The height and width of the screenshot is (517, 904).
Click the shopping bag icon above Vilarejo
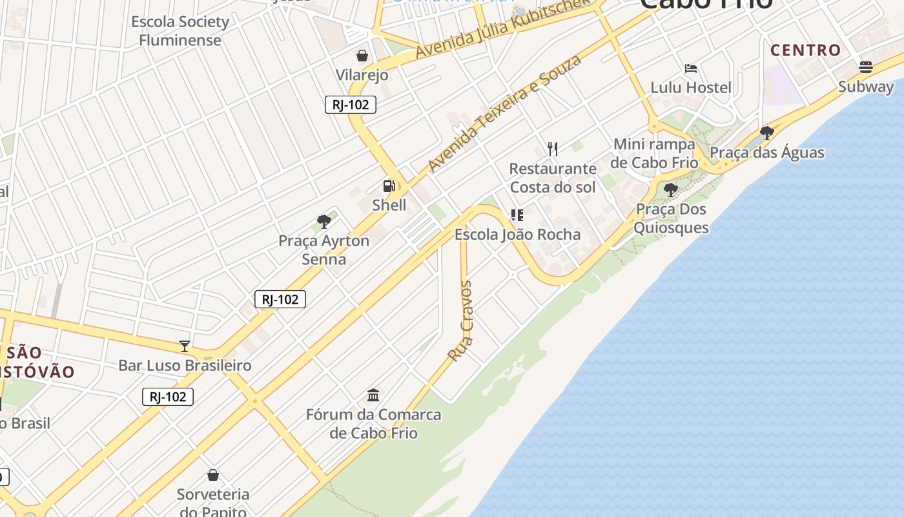[362, 56]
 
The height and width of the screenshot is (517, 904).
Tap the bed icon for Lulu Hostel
[691, 69]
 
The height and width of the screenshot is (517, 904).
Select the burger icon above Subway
[865, 67]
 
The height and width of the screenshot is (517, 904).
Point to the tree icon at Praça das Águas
[766, 133]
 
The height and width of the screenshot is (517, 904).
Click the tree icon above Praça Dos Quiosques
[671, 189]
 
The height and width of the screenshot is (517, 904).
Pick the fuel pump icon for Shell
[389, 186]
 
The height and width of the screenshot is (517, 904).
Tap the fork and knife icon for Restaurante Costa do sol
[553, 149]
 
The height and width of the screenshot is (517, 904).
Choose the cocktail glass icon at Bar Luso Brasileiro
[185, 346]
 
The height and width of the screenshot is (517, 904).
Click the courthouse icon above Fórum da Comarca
[373, 394]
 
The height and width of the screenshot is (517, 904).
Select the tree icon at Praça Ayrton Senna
[324, 222]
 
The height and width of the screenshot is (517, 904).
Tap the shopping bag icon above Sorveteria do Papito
[213, 476]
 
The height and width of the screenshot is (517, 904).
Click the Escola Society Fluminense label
[180, 31]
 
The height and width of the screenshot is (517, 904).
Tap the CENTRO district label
[806, 50]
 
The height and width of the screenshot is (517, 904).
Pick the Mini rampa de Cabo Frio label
[655, 153]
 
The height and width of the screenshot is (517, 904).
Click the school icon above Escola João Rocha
[517, 215]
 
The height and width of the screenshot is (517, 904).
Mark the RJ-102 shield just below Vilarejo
[351, 105]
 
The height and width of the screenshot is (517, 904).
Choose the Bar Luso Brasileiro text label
[185, 365]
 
